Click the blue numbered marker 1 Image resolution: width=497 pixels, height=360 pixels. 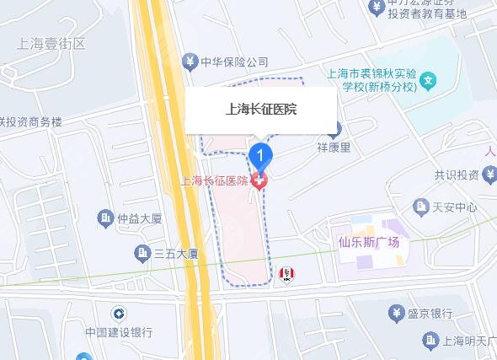click(262, 156)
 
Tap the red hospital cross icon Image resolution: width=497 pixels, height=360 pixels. click(260, 180)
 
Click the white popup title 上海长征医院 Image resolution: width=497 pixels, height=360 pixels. click(261, 109)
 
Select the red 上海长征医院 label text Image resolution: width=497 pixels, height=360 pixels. click(216, 180)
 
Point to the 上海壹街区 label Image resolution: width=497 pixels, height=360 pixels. click(51, 43)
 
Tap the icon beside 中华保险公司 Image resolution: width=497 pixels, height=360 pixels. click(190, 62)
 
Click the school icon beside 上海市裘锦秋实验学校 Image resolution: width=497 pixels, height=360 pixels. click(429, 83)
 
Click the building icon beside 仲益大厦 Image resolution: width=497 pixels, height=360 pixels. click(104, 218)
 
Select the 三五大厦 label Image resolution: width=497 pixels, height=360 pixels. click(175, 252)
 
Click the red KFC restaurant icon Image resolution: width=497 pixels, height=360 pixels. click(288, 272)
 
